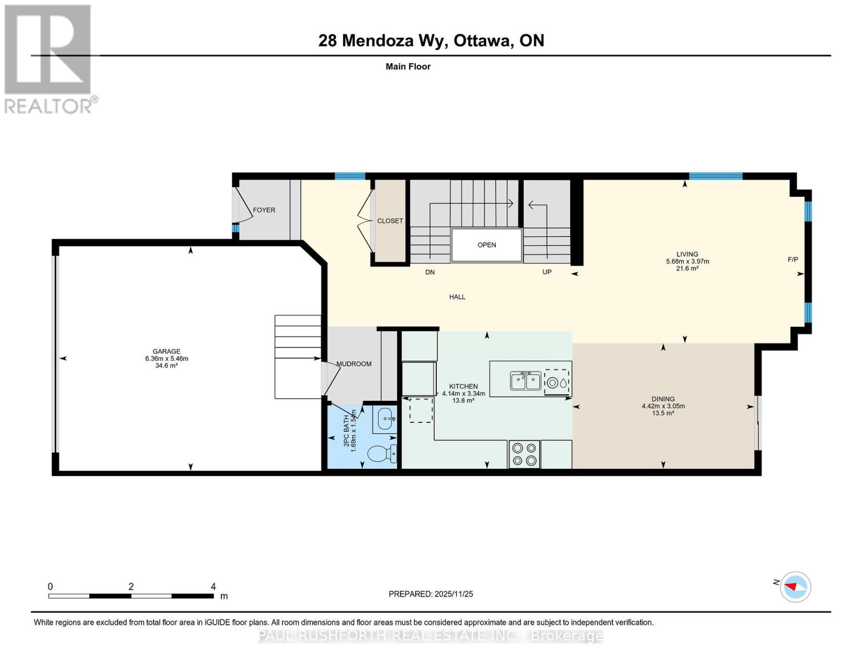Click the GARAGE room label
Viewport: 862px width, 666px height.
pos(167,351)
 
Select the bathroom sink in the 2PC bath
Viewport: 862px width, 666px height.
pos(386,419)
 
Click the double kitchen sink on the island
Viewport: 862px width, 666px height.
pos(525,381)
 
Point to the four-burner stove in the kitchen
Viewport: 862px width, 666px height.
pos(524,454)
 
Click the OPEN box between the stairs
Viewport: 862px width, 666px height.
pos(487,245)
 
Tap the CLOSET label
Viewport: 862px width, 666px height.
pos(390,221)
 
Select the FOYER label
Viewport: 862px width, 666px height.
pos(264,210)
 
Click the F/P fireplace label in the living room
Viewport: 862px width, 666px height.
pos(793,260)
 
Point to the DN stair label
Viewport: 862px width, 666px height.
pos(430,273)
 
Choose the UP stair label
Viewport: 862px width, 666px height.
pos(547,272)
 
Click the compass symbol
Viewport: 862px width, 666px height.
pos(795,587)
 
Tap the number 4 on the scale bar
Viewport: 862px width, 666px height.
pos(213,587)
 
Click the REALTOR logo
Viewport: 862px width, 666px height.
pos(49,58)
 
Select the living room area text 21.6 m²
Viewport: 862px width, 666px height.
pos(687,269)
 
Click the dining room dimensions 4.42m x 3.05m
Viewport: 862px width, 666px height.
pos(663,406)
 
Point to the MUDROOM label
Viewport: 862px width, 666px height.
pos(354,364)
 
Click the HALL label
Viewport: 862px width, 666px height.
pos(457,297)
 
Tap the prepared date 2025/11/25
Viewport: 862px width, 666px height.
pos(453,594)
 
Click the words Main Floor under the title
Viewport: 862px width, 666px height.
pos(408,67)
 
